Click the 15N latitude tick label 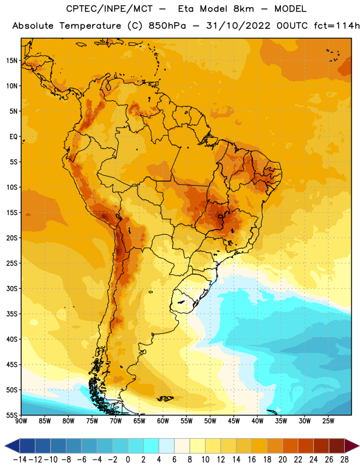(x=12, y=61)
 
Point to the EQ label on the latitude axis (x=13, y=137)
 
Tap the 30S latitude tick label (x=12, y=288)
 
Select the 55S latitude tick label (x=12, y=415)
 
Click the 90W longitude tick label (x=21, y=421)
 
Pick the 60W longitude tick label (x=163, y=421)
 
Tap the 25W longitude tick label (x=328, y=421)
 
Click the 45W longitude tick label (x=234, y=421)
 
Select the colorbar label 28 (x=344, y=460)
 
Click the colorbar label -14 (x=20, y=460)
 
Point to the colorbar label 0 (x=128, y=460)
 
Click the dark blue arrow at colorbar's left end (x=12, y=446)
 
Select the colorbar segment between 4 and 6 (x=167, y=446)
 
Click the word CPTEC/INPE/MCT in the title (x=110, y=9)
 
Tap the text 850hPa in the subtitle (x=167, y=26)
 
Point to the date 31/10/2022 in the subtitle (x=238, y=26)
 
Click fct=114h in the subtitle (x=337, y=26)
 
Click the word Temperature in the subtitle (x=90, y=26)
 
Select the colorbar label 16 (x=252, y=460)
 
